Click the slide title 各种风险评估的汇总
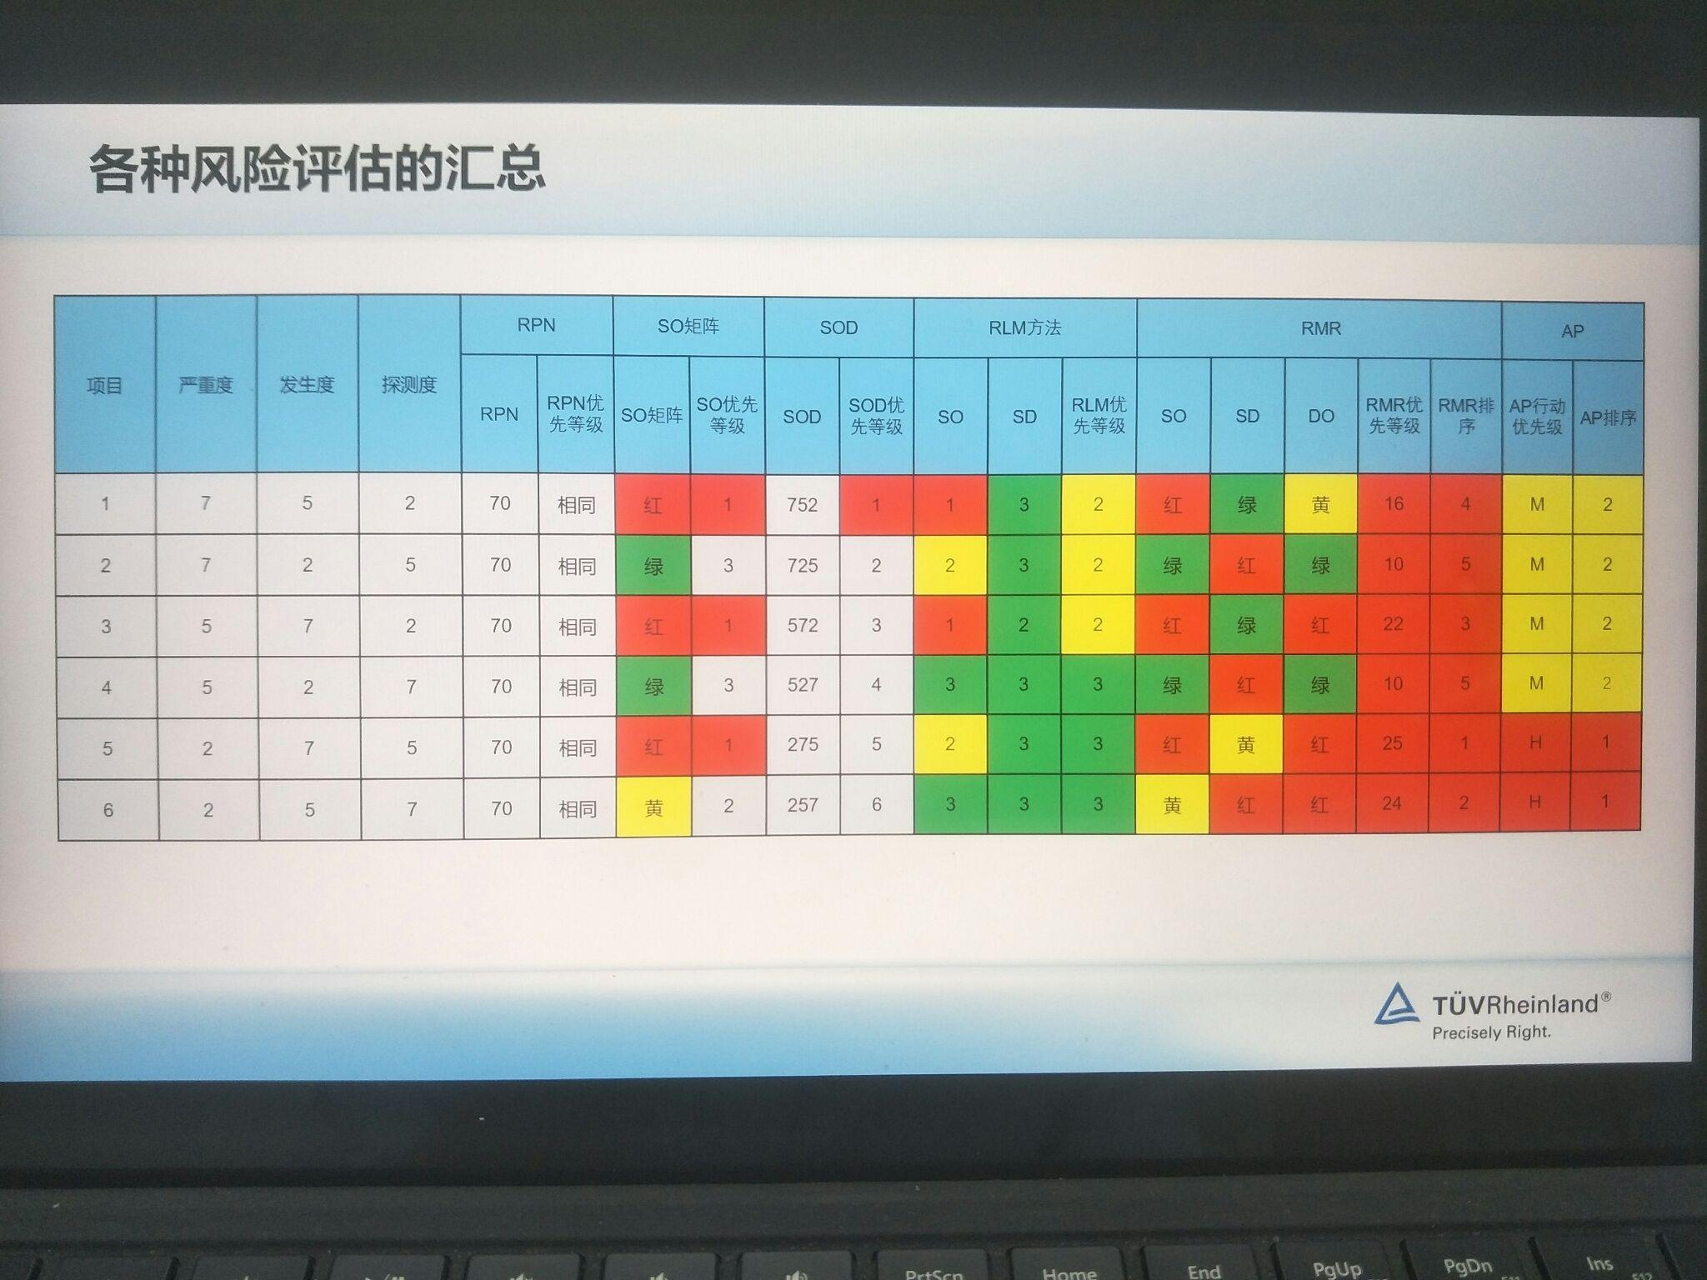(x=317, y=169)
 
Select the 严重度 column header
(x=206, y=385)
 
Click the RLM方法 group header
(x=1024, y=328)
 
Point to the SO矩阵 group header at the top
(x=688, y=327)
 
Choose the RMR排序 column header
(x=1466, y=416)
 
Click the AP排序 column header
(x=1608, y=418)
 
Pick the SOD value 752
(x=802, y=504)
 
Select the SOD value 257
(x=803, y=805)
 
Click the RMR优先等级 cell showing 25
(x=1393, y=743)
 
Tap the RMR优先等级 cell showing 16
(x=1394, y=503)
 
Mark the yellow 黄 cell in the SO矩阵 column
(x=653, y=807)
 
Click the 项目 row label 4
(x=107, y=687)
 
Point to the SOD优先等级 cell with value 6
(x=876, y=805)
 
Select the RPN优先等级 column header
(x=575, y=414)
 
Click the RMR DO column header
(x=1321, y=416)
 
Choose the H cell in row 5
(x=1535, y=742)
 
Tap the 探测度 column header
(x=409, y=385)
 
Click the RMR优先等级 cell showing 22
(x=1393, y=624)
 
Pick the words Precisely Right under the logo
(x=1491, y=1032)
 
